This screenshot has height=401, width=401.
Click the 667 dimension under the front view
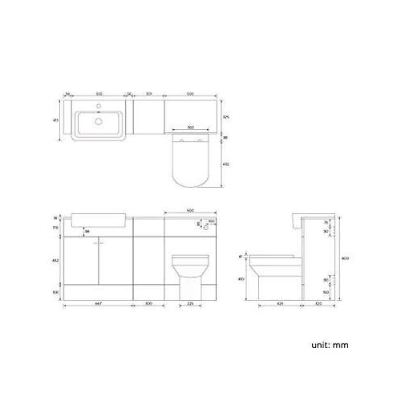[x=97, y=304]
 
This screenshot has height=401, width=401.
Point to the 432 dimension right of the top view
[x=226, y=164]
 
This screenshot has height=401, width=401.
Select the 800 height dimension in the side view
[x=344, y=258]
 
